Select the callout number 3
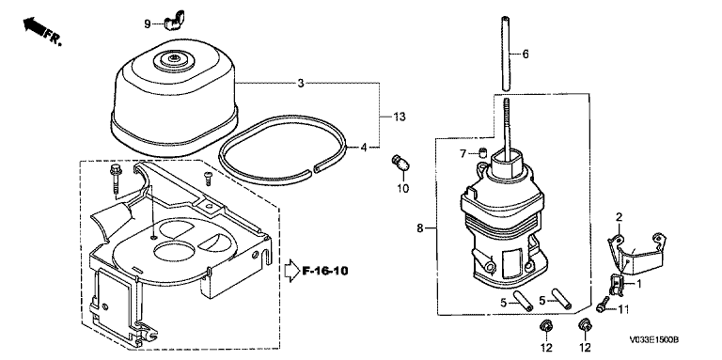pos(301,84)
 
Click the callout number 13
pos(400,117)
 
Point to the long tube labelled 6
pos(506,54)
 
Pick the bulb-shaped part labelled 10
pos(400,163)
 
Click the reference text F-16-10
pos(325,270)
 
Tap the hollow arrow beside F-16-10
pos(292,271)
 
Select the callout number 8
pos(420,227)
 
